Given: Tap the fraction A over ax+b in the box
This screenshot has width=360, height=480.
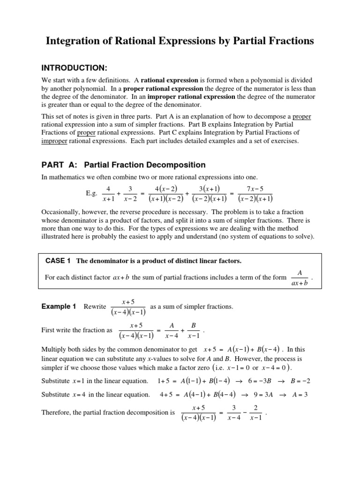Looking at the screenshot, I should pyautogui.click(x=300, y=278).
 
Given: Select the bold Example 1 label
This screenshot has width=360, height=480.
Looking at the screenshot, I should pyautogui.click(x=59, y=307).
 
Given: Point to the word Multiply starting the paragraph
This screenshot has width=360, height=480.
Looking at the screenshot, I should pyautogui.click(x=55, y=349).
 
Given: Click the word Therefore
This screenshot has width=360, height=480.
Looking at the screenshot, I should pyautogui.click(x=59, y=413).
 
